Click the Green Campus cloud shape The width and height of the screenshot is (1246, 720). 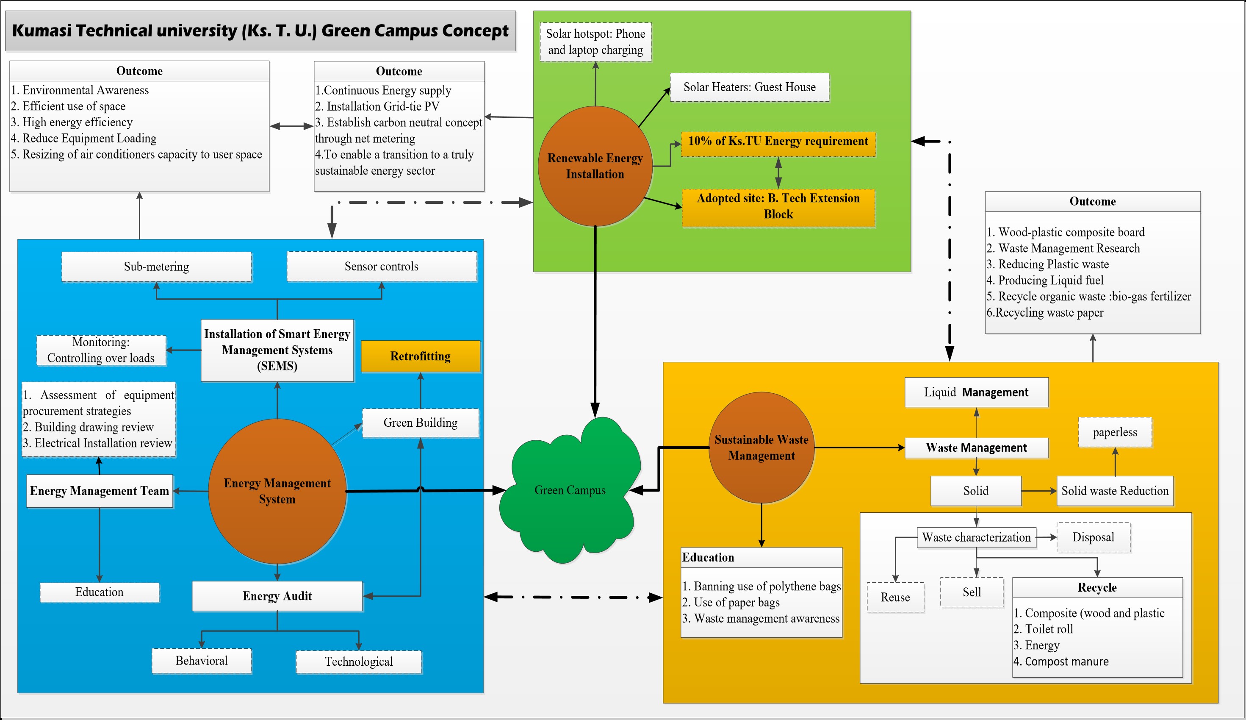click(570, 490)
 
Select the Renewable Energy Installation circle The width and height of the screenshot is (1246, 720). click(595, 166)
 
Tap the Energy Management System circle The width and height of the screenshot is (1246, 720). click(277, 491)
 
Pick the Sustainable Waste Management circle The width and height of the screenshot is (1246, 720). click(761, 448)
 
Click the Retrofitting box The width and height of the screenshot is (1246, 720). click(421, 356)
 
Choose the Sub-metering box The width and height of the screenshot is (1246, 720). click(156, 267)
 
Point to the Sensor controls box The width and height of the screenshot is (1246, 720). click(382, 267)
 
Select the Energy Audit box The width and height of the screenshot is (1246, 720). click(277, 596)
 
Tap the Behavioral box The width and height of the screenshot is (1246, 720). click(202, 661)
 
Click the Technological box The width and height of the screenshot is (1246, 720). click(359, 662)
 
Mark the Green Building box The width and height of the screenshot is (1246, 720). click(421, 423)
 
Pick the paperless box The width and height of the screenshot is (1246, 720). click(1115, 432)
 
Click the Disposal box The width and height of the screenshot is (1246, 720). click(1094, 537)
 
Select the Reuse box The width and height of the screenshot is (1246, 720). click(895, 598)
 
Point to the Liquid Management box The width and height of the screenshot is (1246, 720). click(976, 392)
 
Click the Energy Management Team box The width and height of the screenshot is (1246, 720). click(99, 491)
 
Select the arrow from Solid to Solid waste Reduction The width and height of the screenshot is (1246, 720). click(1038, 491)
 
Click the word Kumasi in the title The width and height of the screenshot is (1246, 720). click(42, 31)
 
